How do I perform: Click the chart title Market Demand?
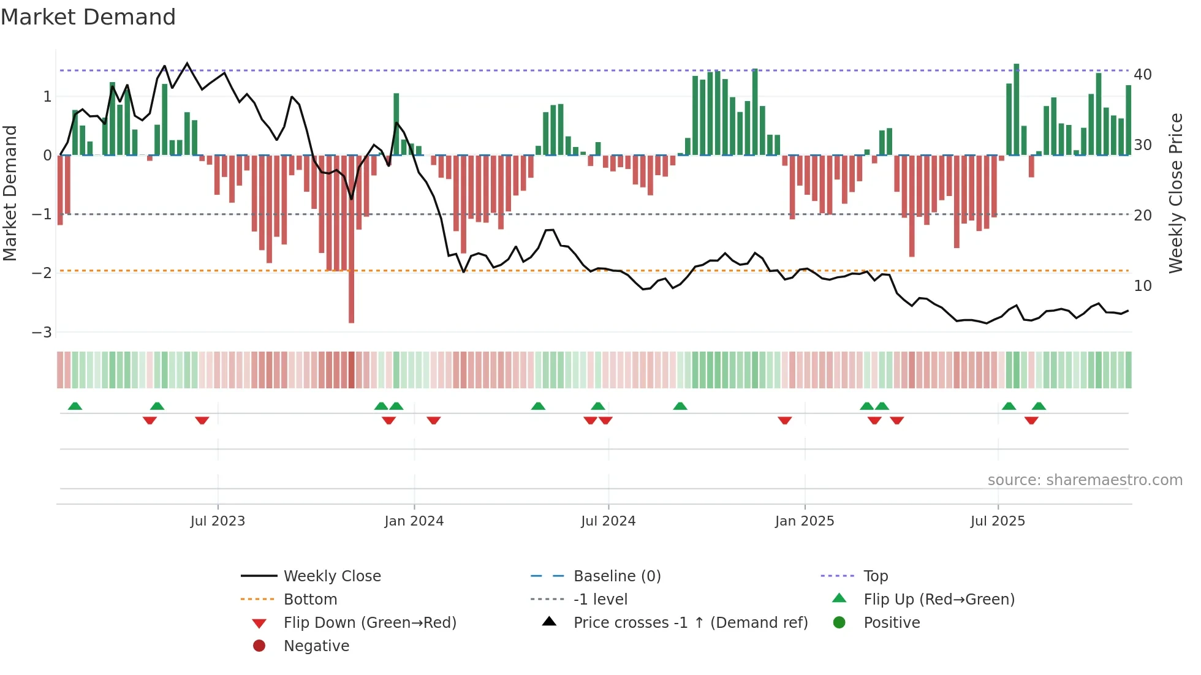click(88, 17)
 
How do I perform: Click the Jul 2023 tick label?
click(218, 521)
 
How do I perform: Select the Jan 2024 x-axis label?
click(414, 521)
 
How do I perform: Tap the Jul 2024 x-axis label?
click(608, 521)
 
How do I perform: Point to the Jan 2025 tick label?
click(804, 521)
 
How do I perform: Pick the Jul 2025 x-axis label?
click(998, 521)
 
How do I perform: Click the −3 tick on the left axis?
click(42, 332)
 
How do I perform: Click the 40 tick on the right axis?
click(1143, 75)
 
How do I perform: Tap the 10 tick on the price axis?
click(1143, 286)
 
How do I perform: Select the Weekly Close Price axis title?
click(1175, 193)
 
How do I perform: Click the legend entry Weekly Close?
click(332, 576)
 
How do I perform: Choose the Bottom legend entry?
click(310, 600)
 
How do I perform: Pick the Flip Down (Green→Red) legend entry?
click(369, 623)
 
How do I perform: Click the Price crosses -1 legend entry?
click(690, 623)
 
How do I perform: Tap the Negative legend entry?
click(316, 646)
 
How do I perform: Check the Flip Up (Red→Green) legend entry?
click(939, 600)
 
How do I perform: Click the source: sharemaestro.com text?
click(1085, 480)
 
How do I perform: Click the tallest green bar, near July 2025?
click(1017, 110)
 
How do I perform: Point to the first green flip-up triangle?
click(75, 406)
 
